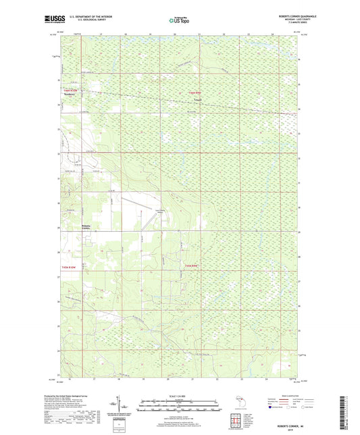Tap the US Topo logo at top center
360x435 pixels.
pyautogui.click(x=179, y=21)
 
